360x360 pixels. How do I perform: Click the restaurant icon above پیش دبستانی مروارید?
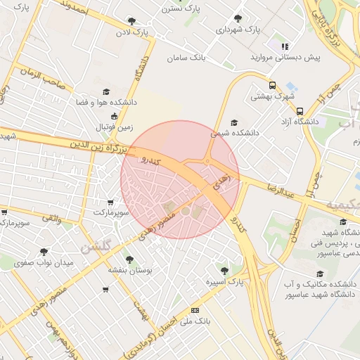(285, 46)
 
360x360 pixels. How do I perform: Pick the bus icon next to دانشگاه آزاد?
(300, 111)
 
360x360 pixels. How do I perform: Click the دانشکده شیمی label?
(236, 131)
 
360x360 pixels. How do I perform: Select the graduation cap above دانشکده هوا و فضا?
(106, 91)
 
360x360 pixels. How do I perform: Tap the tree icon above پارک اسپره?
(224, 270)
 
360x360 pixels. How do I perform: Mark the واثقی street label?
(51, 219)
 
